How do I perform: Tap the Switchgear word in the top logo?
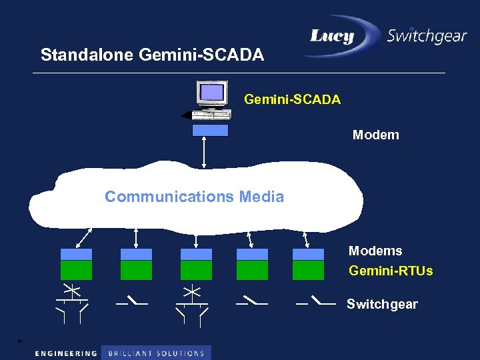(427, 35)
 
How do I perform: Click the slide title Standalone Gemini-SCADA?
(152, 55)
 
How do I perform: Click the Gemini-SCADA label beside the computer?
(292, 99)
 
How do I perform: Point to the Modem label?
(375, 135)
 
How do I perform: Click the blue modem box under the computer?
(210, 130)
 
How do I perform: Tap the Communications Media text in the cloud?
(194, 197)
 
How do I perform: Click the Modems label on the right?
(375, 251)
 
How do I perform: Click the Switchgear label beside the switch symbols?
(382, 304)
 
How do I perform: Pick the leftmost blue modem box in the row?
(76, 254)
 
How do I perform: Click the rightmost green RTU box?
(308, 270)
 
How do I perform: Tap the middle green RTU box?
(196, 270)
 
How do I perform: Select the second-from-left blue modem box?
(136, 254)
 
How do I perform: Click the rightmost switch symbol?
(317, 302)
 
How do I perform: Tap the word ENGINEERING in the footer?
(65, 353)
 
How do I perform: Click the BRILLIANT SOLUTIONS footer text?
(155, 353)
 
